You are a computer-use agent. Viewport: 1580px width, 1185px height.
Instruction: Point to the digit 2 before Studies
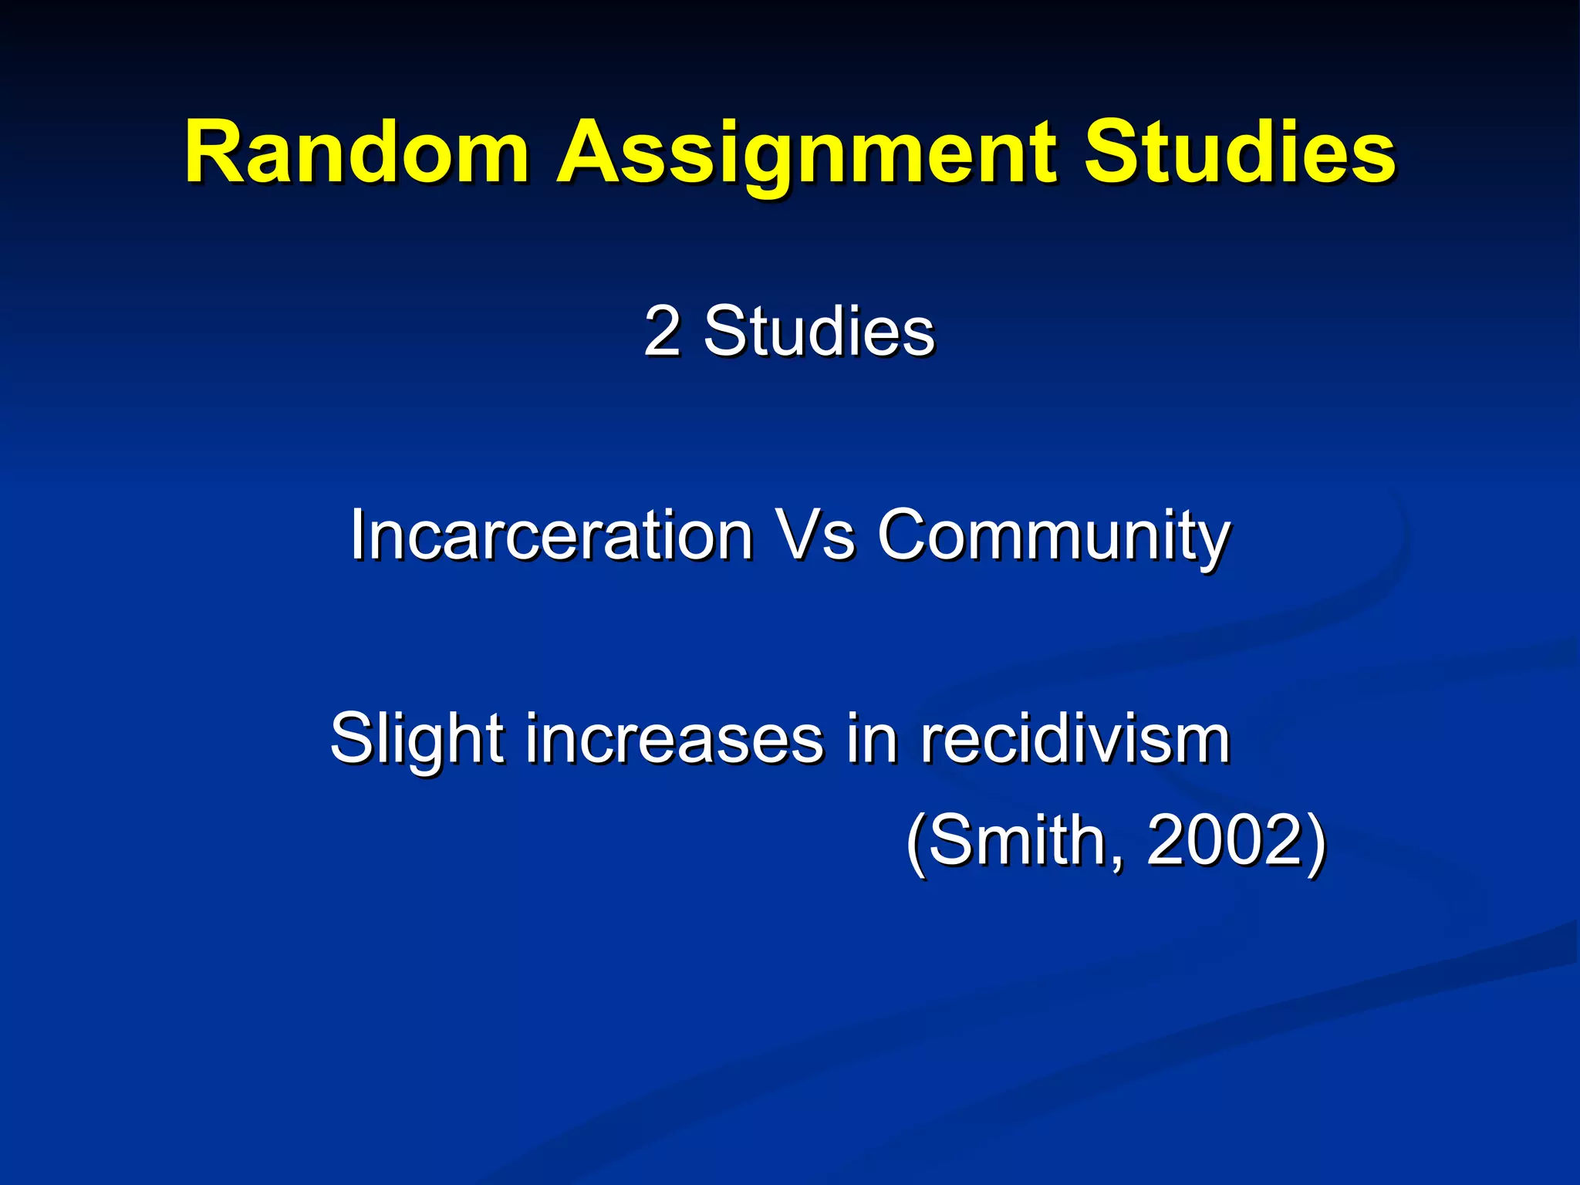(x=662, y=332)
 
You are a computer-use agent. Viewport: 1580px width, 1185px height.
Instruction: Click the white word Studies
(x=819, y=332)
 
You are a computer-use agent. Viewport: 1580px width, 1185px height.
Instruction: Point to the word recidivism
(x=1075, y=739)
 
